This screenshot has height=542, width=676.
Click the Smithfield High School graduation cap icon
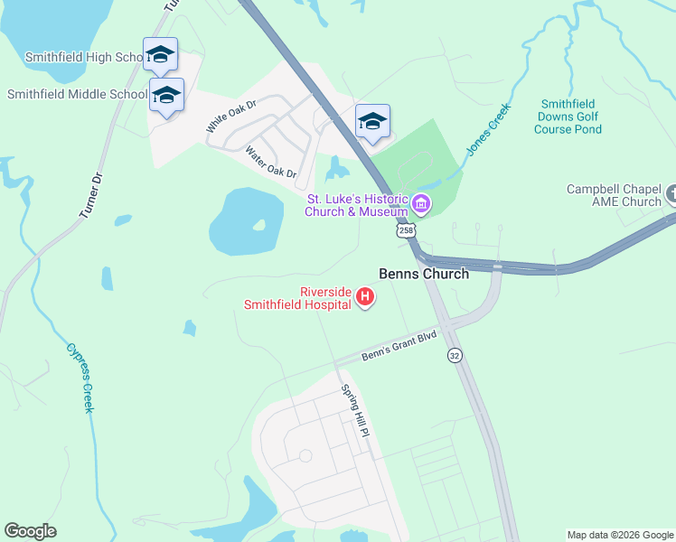click(x=160, y=54)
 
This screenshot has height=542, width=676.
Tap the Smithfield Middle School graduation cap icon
click(x=166, y=95)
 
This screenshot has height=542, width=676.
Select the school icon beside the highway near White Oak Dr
click(x=372, y=121)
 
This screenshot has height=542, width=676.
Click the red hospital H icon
click(x=365, y=296)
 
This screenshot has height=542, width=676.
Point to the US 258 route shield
click(x=407, y=231)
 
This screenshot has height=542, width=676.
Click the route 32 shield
click(x=455, y=356)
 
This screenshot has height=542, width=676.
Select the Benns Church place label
click(x=423, y=274)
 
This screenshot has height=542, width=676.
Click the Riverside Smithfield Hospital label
click(x=297, y=298)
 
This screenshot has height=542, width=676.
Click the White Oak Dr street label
click(x=231, y=117)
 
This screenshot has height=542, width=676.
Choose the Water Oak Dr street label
click(x=271, y=163)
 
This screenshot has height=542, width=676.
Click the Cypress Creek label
click(x=79, y=377)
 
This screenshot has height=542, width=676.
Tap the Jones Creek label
click(x=488, y=129)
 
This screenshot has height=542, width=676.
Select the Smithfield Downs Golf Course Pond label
click(x=567, y=117)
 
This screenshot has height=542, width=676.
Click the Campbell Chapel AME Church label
click(x=615, y=195)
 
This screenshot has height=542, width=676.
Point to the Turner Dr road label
click(x=89, y=193)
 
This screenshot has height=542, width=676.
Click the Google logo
click(x=30, y=531)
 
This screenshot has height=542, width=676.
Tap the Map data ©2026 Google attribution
click(x=619, y=535)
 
